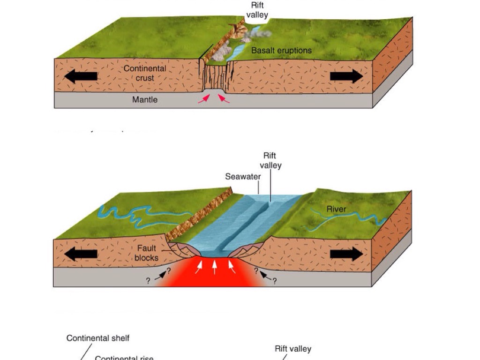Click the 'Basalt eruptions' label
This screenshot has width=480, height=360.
281,50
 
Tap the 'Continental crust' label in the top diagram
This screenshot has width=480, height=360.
145,73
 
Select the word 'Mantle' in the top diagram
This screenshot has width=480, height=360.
145,99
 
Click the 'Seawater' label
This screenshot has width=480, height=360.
243,177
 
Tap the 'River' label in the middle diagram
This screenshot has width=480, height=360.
336,209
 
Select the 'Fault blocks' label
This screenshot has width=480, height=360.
146,253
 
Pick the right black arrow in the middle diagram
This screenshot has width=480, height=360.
346,255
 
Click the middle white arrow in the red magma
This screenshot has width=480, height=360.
215,267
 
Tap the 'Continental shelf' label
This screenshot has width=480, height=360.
98,338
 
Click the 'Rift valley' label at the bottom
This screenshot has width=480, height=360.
293,349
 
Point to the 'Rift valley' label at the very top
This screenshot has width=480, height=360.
257,10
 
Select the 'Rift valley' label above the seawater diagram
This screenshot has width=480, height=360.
270,160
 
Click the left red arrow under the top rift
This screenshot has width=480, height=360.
203,98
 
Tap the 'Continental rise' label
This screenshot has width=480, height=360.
124,358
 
